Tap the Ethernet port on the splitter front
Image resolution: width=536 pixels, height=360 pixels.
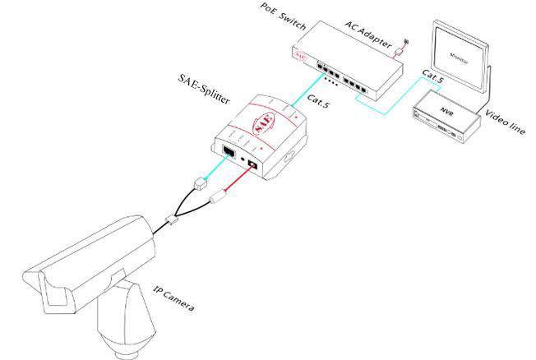[228, 151]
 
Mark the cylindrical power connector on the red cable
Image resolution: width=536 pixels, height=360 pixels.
[219, 197]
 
